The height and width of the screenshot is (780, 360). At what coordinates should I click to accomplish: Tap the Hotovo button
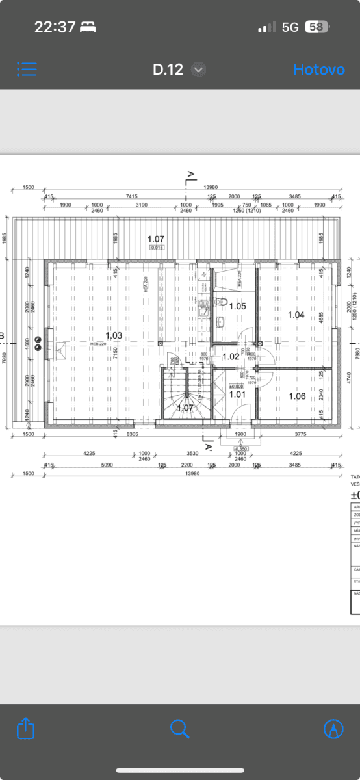(318, 70)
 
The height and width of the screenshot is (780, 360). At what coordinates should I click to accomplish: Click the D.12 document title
(168, 70)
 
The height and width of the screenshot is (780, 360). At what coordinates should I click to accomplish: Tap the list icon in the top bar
(27, 70)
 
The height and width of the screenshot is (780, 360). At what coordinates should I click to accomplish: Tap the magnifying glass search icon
(179, 727)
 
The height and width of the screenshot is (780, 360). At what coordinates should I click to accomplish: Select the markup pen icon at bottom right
(333, 728)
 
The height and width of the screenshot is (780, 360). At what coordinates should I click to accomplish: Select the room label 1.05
(238, 305)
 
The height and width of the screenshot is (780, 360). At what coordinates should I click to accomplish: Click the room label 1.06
(296, 396)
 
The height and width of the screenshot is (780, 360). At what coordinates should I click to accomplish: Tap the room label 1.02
(231, 356)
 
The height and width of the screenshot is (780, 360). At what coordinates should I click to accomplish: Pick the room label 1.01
(237, 393)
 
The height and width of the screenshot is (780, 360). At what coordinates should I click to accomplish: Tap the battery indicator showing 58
(316, 27)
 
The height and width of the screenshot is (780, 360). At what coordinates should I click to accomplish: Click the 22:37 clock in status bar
(55, 27)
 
